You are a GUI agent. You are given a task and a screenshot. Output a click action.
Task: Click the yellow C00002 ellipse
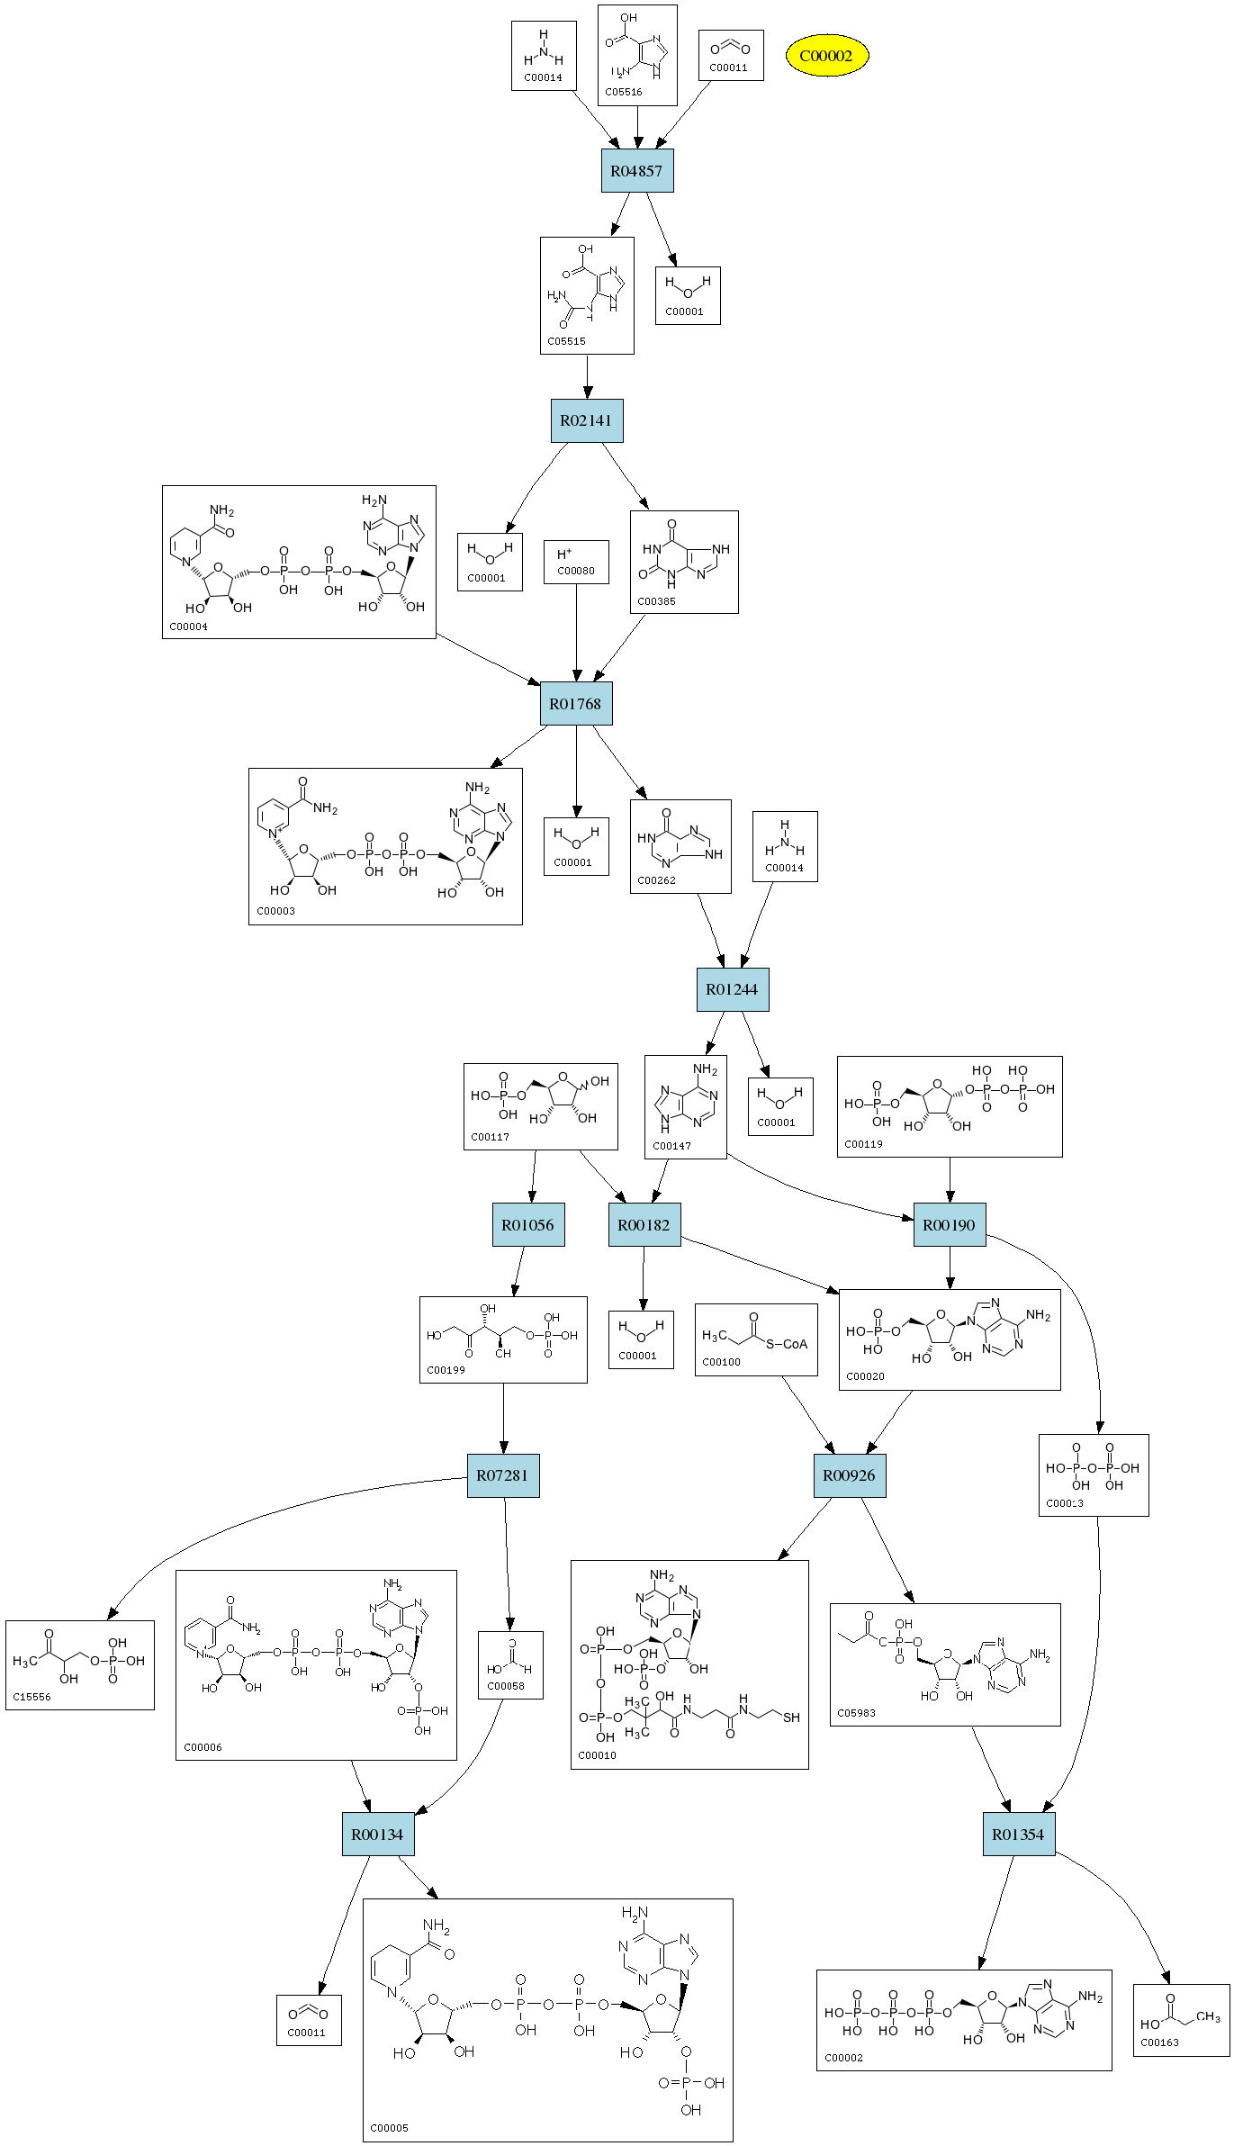(x=826, y=56)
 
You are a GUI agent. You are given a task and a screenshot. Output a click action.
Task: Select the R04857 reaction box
(x=637, y=171)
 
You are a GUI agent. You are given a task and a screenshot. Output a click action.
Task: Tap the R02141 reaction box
(x=587, y=420)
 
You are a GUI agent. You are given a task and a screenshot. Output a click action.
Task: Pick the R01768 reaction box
(x=576, y=704)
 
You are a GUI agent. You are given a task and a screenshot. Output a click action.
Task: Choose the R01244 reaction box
(x=733, y=989)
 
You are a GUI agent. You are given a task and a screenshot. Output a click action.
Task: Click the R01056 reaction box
(x=528, y=1224)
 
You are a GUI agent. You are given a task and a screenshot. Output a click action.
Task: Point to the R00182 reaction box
(x=644, y=1224)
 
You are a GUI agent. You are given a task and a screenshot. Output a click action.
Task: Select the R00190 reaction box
(x=950, y=1224)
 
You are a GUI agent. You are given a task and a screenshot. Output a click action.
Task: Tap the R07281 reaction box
(x=503, y=1475)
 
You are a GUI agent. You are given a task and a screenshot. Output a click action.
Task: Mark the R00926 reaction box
(x=850, y=1475)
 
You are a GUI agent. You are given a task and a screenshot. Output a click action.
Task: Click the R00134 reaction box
(x=378, y=1835)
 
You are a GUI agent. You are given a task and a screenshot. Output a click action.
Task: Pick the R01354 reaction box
(x=1019, y=1835)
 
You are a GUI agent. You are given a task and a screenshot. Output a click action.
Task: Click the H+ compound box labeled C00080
(x=576, y=563)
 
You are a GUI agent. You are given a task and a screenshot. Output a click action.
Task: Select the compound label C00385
(x=656, y=601)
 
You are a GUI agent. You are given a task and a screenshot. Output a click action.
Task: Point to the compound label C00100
(x=721, y=1362)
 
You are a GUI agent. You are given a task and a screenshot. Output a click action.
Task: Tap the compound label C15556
(x=32, y=1697)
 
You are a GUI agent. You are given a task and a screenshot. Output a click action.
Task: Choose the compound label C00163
(x=1159, y=2042)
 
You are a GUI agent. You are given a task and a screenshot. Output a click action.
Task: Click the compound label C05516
(x=624, y=92)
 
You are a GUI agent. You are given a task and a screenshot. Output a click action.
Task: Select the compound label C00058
(x=505, y=1686)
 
